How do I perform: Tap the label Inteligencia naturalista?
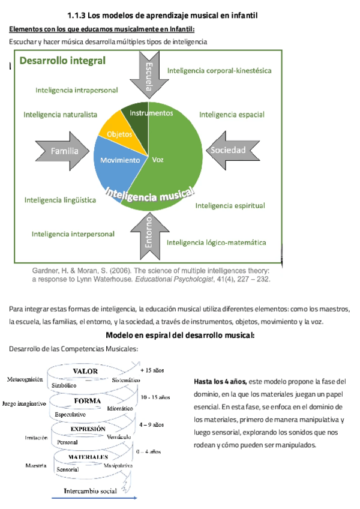[x=60, y=114]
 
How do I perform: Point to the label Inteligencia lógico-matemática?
[x=216, y=242]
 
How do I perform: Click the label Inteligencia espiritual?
[x=230, y=206]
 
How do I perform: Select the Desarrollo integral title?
[x=62, y=60]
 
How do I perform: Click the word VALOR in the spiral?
[x=85, y=372]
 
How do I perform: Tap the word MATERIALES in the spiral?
[x=88, y=457]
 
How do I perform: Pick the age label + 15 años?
[x=152, y=370]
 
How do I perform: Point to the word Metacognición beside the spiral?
[x=25, y=379]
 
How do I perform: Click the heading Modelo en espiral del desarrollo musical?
[x=180, y=335]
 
